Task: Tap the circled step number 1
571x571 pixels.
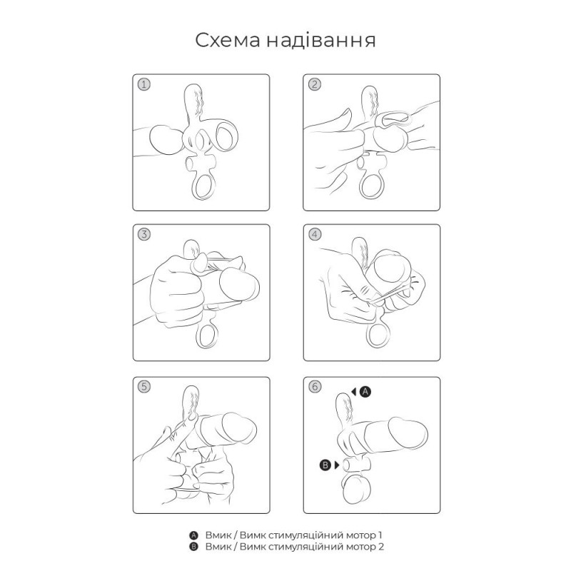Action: click(x=144, y=84)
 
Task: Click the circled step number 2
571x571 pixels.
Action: click(x=314, y=84)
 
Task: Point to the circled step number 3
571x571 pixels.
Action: click(x=144, y=235)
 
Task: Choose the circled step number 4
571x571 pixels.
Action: click(x=314, y=235)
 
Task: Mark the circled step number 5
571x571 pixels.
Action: click(x=144, y=387)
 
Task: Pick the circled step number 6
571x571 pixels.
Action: click(x=314, y=387)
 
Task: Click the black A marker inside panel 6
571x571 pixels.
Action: click(x=365, y=391)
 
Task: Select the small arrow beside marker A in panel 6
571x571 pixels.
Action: click(x=354, y=391)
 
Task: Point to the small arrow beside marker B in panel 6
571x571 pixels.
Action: click(x=337, y=465)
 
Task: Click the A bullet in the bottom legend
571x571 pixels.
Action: click(x=193, y=535)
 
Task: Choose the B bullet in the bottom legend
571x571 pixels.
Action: click(x=193, y=547)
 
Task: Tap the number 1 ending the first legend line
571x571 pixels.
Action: click(x=381, y=535)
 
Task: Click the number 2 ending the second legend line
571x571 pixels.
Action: click(x=382, y=547)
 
